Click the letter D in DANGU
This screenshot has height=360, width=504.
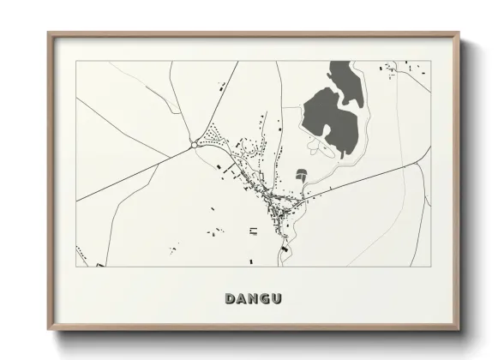(x=230, y=299)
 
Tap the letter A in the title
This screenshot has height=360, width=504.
(x=242, y=299)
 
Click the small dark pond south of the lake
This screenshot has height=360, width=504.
(x=301, y=175)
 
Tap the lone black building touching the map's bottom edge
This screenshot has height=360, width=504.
(x=251, y=261)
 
